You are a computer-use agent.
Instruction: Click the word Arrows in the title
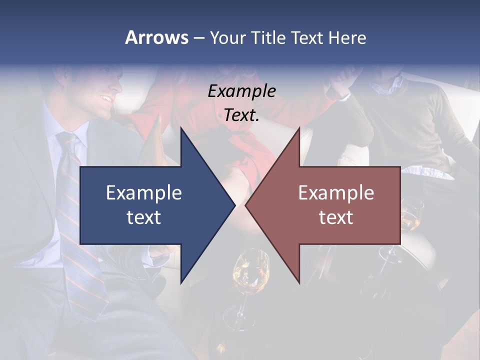156,37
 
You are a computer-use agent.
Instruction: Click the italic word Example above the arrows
241,91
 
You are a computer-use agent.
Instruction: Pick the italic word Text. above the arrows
241,115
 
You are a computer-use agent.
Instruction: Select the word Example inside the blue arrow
143,192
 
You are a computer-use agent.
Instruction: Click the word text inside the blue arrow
143,217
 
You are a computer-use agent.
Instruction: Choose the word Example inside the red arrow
336,192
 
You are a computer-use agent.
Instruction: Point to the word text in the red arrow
336,217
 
